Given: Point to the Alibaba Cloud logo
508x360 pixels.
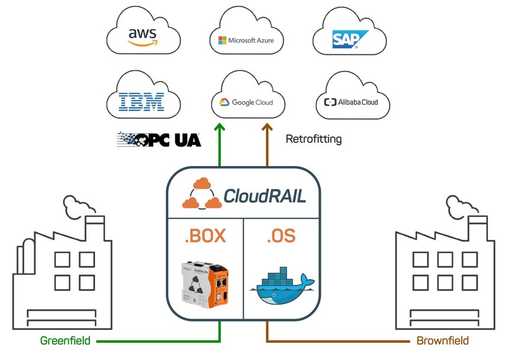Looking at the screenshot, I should tap(351, 102).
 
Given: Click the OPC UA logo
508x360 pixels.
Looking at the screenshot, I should tap(159, 140).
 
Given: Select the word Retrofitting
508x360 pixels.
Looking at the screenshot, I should tap(314, 140).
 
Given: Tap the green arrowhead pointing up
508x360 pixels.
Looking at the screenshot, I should tap(220, 127).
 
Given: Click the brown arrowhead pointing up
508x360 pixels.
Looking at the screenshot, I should tap(267, 127).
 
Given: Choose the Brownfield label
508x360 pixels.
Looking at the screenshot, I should tap(442, 341).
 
